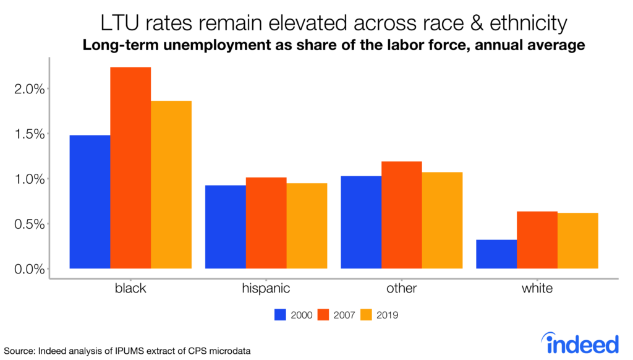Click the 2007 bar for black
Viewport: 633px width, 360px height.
(130, 168)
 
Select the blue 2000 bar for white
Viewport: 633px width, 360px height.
(496, 254)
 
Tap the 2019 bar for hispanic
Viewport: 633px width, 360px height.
(307, 226)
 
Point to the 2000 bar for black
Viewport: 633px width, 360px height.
(90, 202)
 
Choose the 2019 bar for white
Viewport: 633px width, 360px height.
(577, 241)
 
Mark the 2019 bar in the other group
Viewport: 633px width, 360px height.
(442, 220)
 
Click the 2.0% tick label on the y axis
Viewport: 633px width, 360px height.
(30, 89)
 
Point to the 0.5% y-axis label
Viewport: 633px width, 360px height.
(30, 224)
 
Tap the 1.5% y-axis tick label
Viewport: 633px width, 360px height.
(30, 134)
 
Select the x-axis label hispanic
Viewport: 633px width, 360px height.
(266, 288)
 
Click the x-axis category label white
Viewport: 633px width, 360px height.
(537, 288)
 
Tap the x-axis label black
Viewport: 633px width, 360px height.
(130, 288)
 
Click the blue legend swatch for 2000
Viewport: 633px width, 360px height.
(281, 315)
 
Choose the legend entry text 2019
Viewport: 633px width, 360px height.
(386, 315)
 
